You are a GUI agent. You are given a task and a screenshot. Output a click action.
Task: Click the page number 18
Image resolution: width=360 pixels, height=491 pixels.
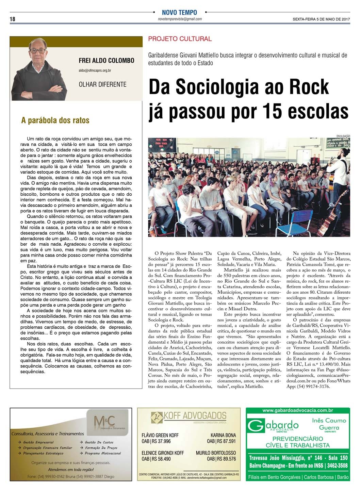pos(12,19)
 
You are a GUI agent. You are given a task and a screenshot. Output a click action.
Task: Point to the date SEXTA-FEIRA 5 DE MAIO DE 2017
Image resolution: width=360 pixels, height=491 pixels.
pos(321,19)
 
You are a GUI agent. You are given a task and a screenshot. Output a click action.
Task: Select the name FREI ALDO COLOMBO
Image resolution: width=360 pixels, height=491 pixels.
pos(107,61)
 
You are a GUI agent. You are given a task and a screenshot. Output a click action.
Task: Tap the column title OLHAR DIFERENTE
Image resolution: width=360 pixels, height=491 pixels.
pos(102,84)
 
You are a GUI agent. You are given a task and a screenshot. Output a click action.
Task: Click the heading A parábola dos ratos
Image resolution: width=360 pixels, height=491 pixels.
pos(55,120)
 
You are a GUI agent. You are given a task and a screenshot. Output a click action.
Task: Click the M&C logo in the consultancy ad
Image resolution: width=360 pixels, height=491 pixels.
pos(104,421)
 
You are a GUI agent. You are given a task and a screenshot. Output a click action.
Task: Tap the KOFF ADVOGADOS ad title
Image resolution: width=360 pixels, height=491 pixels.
pos(195,415)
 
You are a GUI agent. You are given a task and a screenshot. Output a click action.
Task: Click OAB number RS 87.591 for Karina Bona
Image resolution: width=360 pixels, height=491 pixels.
pos(221,441)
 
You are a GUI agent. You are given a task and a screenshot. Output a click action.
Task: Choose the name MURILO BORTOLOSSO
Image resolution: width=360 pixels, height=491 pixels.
pos(216,453)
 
